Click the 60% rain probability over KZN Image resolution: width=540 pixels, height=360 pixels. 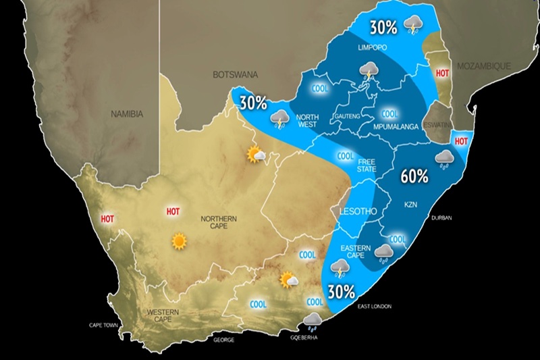[414, 177]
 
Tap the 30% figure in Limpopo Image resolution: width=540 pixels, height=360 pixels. [383, 28]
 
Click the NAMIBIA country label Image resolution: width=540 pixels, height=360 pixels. [127, 115]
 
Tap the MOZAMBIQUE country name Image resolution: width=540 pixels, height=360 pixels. [483, 66]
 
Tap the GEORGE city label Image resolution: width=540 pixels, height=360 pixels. [223, 340]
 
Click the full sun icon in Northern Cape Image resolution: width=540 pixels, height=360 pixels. [179, 240]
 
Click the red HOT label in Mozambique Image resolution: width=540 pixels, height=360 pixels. [443, 73]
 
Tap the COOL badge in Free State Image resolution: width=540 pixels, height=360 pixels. [346, 156]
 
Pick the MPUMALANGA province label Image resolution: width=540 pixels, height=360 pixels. [396, 126]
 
